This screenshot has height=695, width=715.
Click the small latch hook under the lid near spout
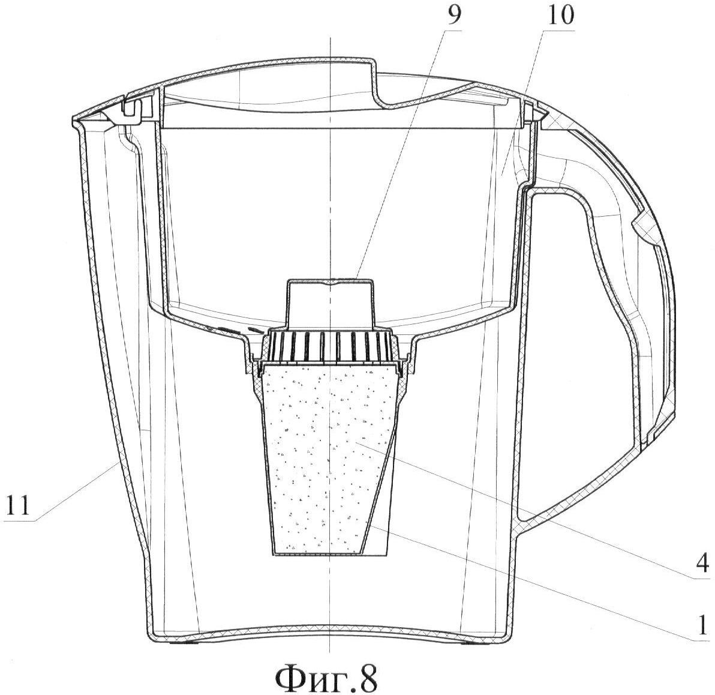(131, 107)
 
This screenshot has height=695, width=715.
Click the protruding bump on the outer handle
(643, 227)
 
